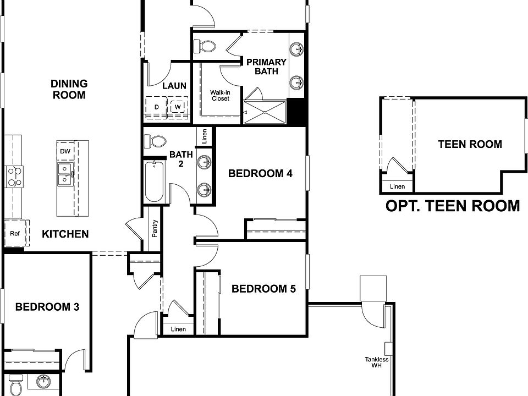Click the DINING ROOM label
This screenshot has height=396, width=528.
(x=69, y=89)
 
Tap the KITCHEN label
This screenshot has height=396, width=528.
(x=65, y=234)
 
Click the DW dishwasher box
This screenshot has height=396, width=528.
(x=64, y=151)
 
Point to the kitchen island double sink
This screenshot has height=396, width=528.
(x=64, y=173)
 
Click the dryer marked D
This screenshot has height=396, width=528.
(x=156, y=107)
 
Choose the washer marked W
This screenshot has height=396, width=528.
(x=178, y=107)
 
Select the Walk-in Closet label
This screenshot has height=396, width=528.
(x=220, y=95)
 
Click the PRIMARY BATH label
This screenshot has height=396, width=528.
(x=266, y=67)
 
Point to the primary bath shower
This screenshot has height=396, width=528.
(x=265, y=112)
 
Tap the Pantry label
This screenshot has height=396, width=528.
(x=154, y=228)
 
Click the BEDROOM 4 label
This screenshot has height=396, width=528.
(x=260, y=174)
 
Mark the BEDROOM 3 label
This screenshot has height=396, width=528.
(x=47, y=307)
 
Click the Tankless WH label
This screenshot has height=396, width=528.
(x=377, y=362)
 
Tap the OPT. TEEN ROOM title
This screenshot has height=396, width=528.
(x=452, y=206)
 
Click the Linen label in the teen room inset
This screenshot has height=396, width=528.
(x=397, y=187)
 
